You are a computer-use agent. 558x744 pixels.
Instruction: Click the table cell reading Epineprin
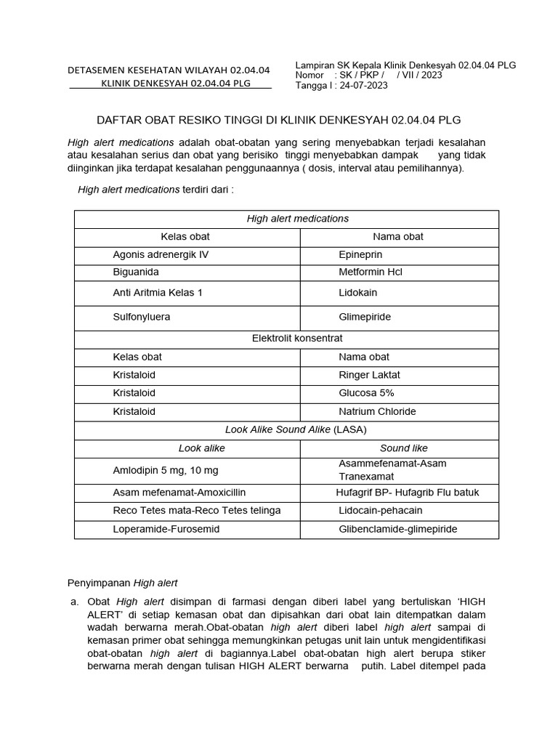point(360,255)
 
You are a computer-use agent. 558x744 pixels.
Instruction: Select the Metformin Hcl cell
point(370,272)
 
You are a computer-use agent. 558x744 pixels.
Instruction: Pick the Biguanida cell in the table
point(136,272)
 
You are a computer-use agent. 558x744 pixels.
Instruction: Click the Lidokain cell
point(358,293)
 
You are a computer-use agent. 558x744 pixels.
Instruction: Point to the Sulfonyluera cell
point(142,318)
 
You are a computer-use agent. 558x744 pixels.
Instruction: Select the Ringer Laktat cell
point(369,375)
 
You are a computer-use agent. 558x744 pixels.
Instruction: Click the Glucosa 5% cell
point(366,393)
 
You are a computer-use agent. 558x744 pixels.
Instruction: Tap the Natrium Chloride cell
point(377,411)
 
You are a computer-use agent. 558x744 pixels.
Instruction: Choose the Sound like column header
point(404,448)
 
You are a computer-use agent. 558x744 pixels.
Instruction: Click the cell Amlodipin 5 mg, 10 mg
point(166,470)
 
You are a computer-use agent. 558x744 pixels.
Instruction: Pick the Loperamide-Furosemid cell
point(166,529)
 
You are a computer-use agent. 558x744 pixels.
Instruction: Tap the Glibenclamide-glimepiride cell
point(397,529)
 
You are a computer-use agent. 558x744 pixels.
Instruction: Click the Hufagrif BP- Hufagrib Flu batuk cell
point(407,493)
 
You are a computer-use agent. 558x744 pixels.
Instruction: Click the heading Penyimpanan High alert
point(122,583)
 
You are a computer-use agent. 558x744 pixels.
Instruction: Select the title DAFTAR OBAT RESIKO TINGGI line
point(279,119)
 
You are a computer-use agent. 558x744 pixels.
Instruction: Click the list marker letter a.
point(73,602)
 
